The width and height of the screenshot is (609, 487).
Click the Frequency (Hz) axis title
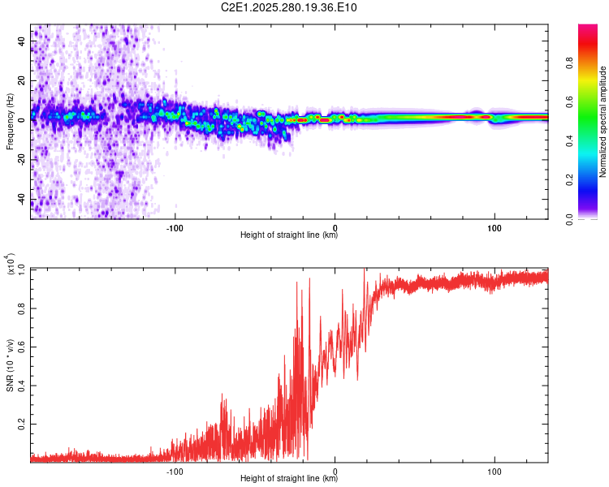[x=10, y=122]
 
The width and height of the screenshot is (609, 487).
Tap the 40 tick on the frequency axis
[x=23, y=40]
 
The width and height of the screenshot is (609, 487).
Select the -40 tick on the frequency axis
[x=23, y=200]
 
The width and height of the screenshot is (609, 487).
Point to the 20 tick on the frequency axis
[x=23, y=80]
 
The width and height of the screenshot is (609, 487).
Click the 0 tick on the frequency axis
[x=23, y=120]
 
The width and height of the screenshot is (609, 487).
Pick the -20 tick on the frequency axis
[x=23, y=160]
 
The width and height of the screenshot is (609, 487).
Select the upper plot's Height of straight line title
[x=289, y=235]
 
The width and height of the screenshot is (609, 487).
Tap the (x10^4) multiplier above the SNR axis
[x=10, y=265]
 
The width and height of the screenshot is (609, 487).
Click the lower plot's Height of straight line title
[x=289, y=479]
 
